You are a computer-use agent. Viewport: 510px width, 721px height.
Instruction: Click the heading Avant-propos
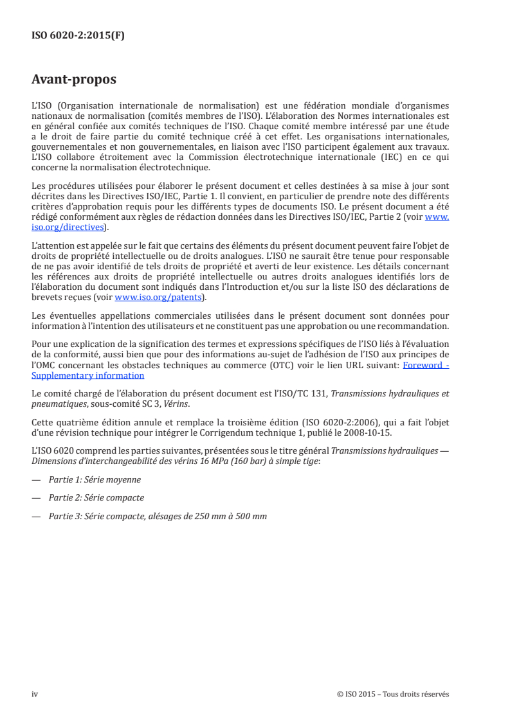click(x=74, y=80)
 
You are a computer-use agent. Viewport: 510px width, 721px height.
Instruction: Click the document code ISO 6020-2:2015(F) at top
click(x=78, y=36)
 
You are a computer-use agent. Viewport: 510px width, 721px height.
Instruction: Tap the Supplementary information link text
click(x=87, y=375)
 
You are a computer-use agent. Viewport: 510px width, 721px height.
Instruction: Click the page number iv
click(x=35, y=694)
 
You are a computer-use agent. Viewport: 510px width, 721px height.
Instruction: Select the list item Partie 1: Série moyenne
click(x=95, y=479)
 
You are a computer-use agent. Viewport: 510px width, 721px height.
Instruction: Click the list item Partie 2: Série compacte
click(x=96, y=498)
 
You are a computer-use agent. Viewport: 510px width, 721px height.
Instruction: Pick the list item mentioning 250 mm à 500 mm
click(x=158, y=516)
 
